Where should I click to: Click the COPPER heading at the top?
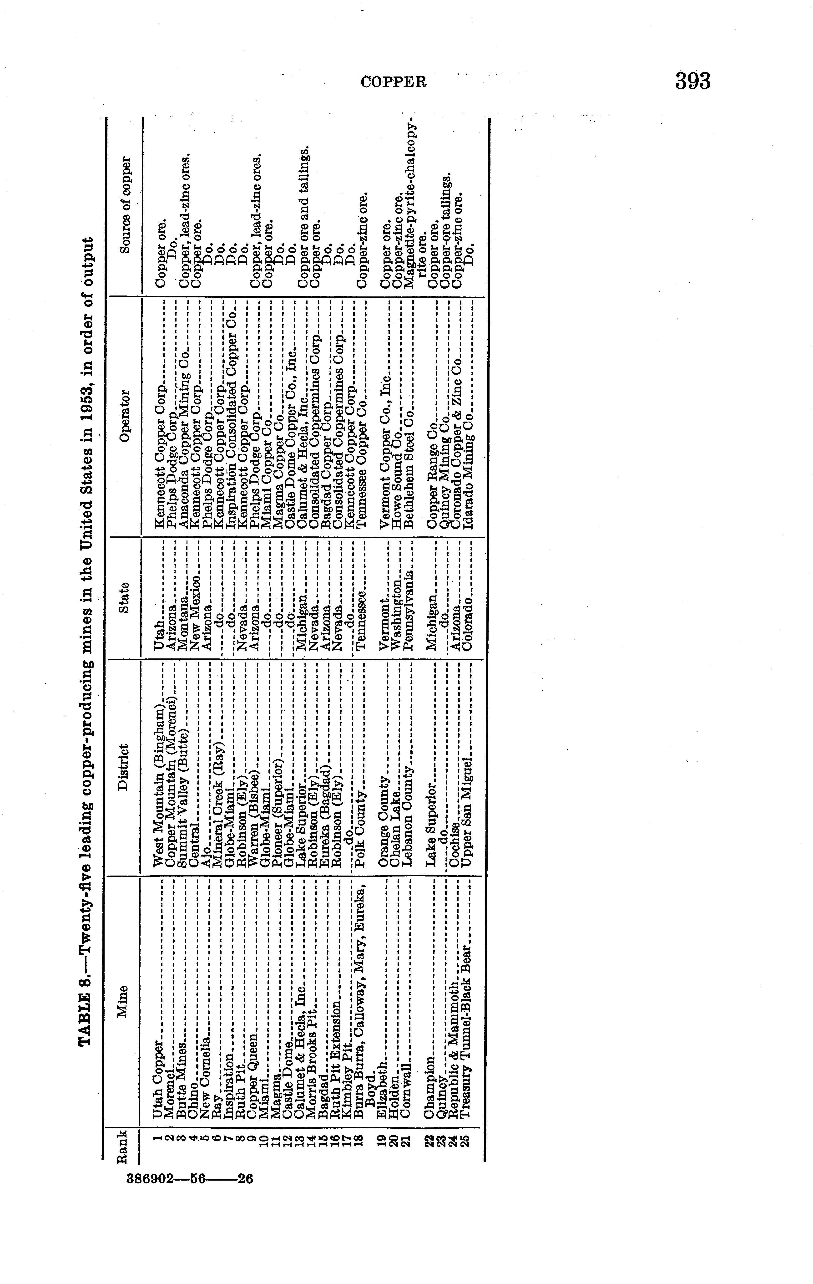tap(394, 82)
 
